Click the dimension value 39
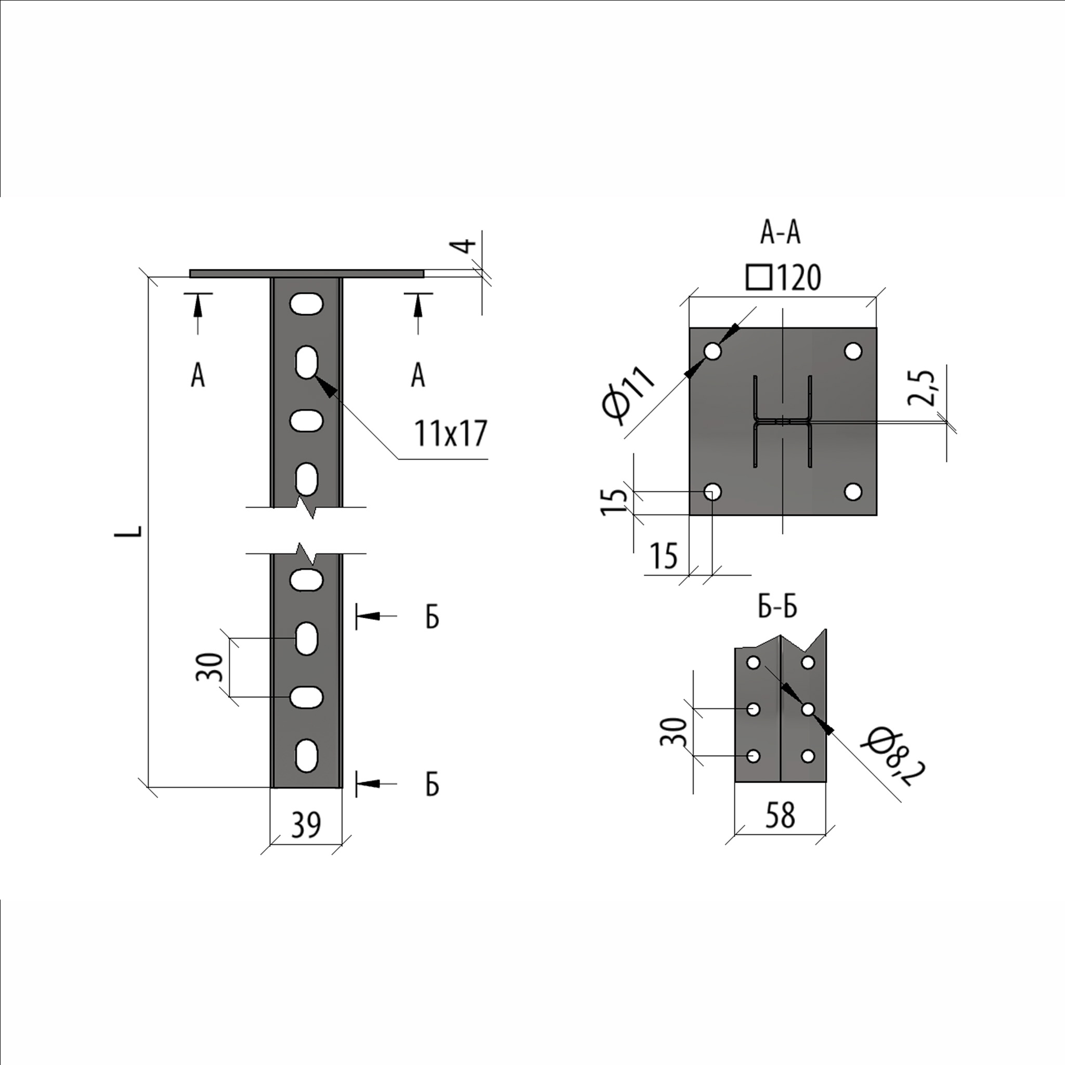click(306, 825)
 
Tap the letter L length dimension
click(128, 531)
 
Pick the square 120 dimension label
click(783, 277)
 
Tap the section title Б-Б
click(777, 606)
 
